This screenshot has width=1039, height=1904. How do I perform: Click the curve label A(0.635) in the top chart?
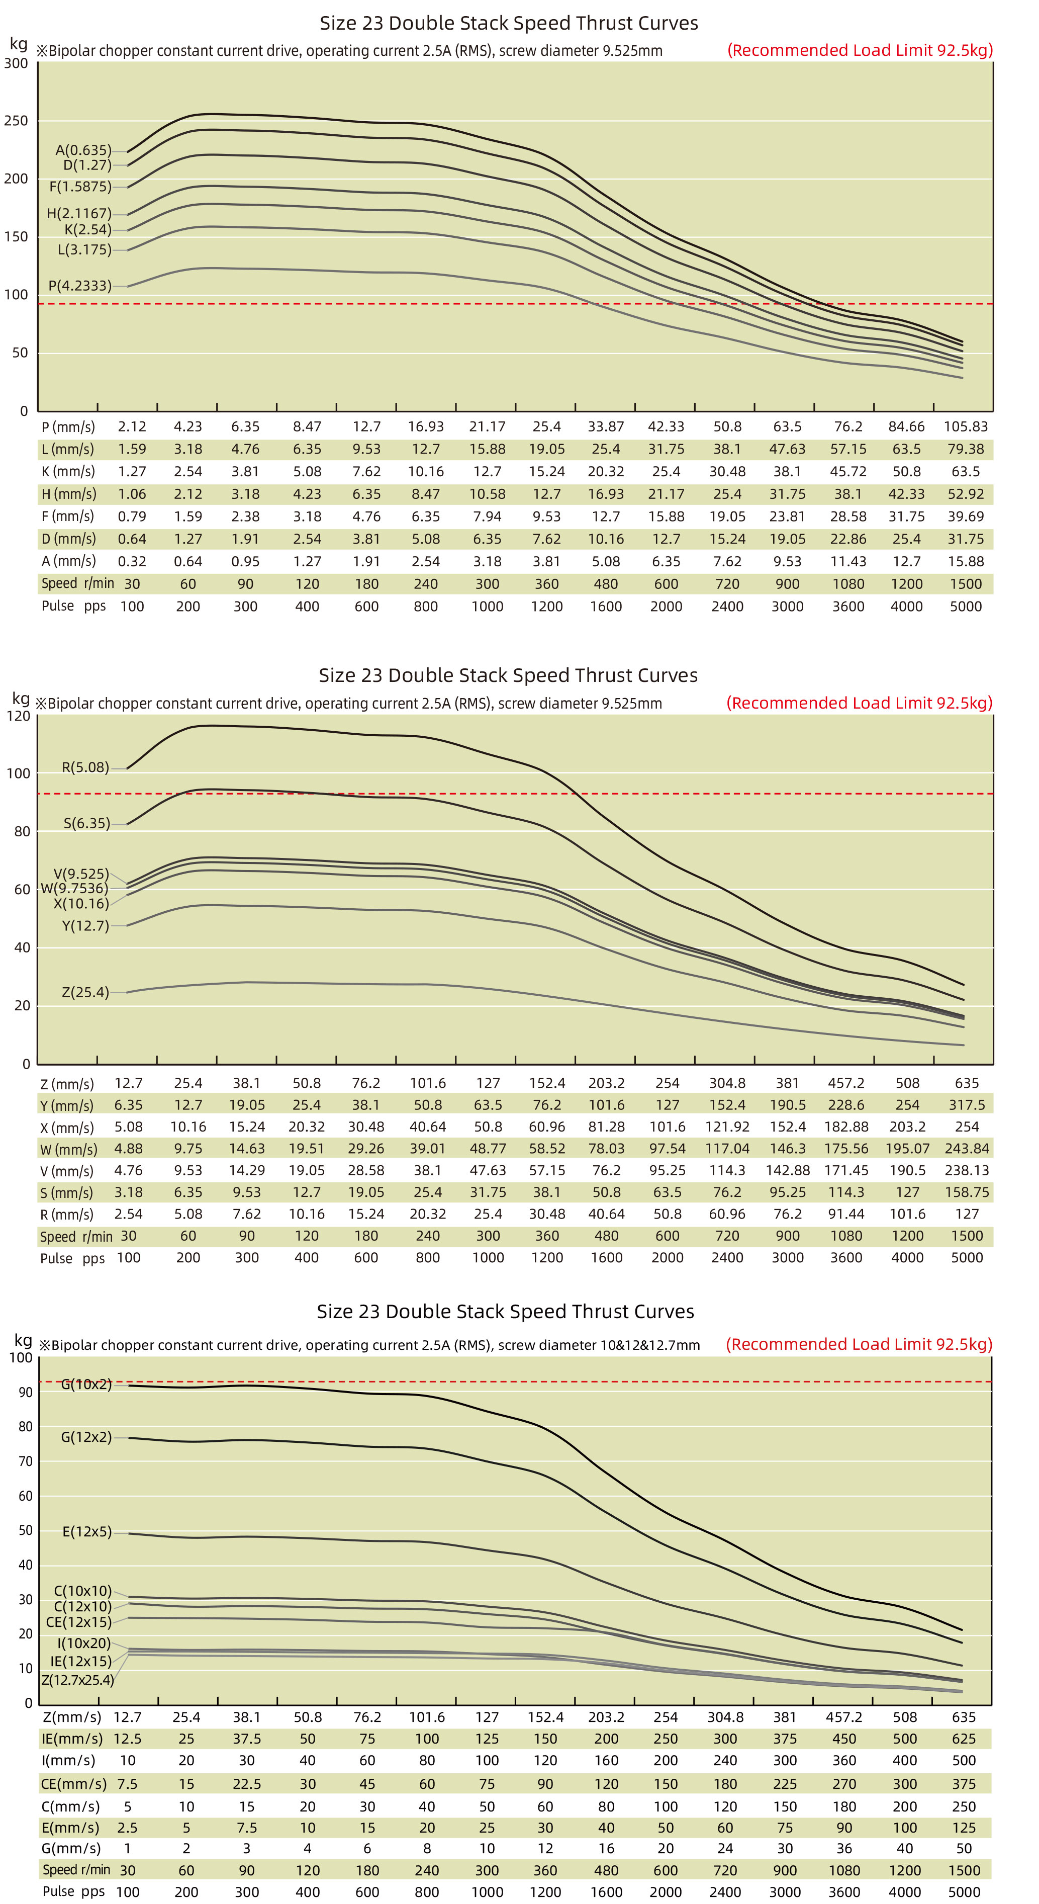[83, 150]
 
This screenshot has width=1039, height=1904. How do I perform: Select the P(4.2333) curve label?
[80, 285]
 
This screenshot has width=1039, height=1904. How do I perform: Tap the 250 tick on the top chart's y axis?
[16, 121]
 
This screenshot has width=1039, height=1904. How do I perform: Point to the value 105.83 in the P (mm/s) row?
[965, 426]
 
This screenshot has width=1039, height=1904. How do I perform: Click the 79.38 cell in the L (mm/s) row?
[965, 449]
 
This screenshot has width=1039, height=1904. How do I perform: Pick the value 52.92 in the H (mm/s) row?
[965, 494]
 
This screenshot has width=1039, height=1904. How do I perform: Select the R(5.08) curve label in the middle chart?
[85, 767]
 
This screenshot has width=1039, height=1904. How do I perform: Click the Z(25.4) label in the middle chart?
[85, 992]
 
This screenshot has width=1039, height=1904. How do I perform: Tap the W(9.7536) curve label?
[74, 889]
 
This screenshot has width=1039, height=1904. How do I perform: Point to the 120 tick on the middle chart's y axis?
[19, 716]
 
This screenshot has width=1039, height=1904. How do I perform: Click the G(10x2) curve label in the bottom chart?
[86, 1384]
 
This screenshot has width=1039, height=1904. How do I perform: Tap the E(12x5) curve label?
[86, 1531]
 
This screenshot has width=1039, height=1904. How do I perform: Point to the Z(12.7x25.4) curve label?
[77, 1680]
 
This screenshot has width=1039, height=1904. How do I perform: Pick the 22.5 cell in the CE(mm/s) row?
[247, 1784]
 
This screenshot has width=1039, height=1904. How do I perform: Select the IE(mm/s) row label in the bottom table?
[72, 1739]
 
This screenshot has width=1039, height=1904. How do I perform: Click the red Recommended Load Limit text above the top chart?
[860, 50]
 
